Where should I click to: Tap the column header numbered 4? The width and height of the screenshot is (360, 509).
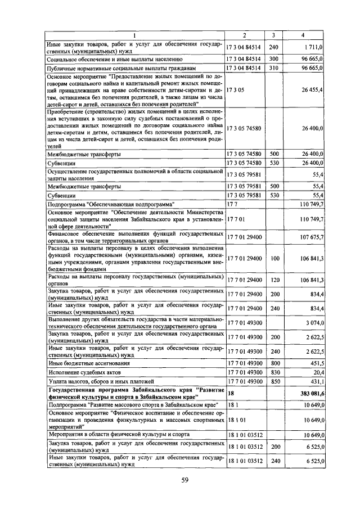click(303, 37)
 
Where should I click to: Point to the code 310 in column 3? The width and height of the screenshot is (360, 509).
click(274, 68)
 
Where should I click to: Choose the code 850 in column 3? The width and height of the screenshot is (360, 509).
click(274, 381)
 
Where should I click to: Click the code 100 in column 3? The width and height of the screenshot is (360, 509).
click(274, 258)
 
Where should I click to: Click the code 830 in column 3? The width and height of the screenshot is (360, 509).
click(274, 372)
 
